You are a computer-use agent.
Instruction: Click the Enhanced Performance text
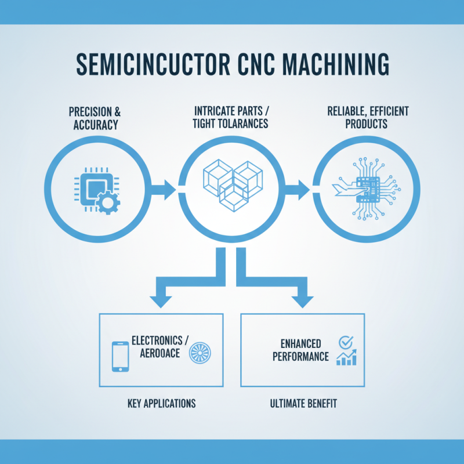click(x=300, y=350)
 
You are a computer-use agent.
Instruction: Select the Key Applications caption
click(x=161, y=403)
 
